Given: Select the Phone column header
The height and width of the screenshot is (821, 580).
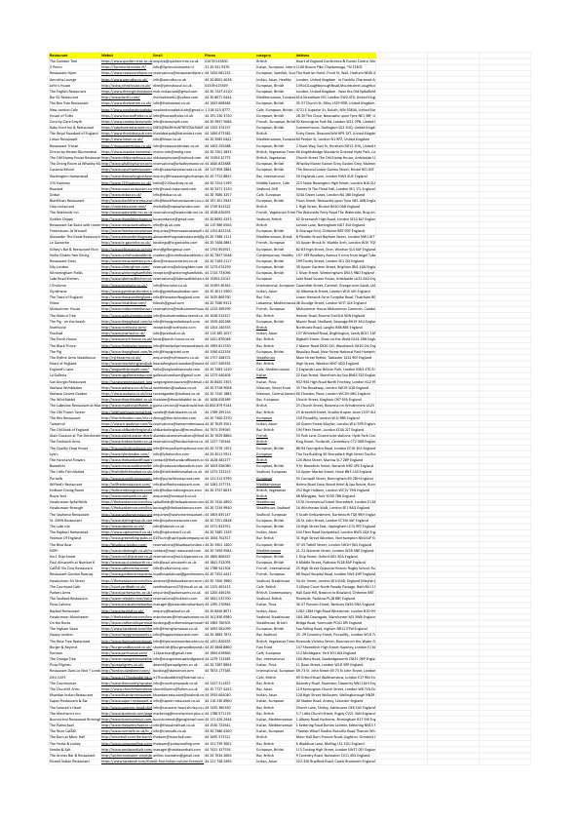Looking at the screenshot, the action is point(211,55).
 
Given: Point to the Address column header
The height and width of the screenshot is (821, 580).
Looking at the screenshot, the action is point(292,55).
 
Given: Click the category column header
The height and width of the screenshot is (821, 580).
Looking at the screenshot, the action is point(263,55).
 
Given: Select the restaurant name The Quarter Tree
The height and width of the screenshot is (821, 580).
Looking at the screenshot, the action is point(67,60).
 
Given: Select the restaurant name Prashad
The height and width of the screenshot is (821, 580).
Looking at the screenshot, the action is point(58,332).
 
